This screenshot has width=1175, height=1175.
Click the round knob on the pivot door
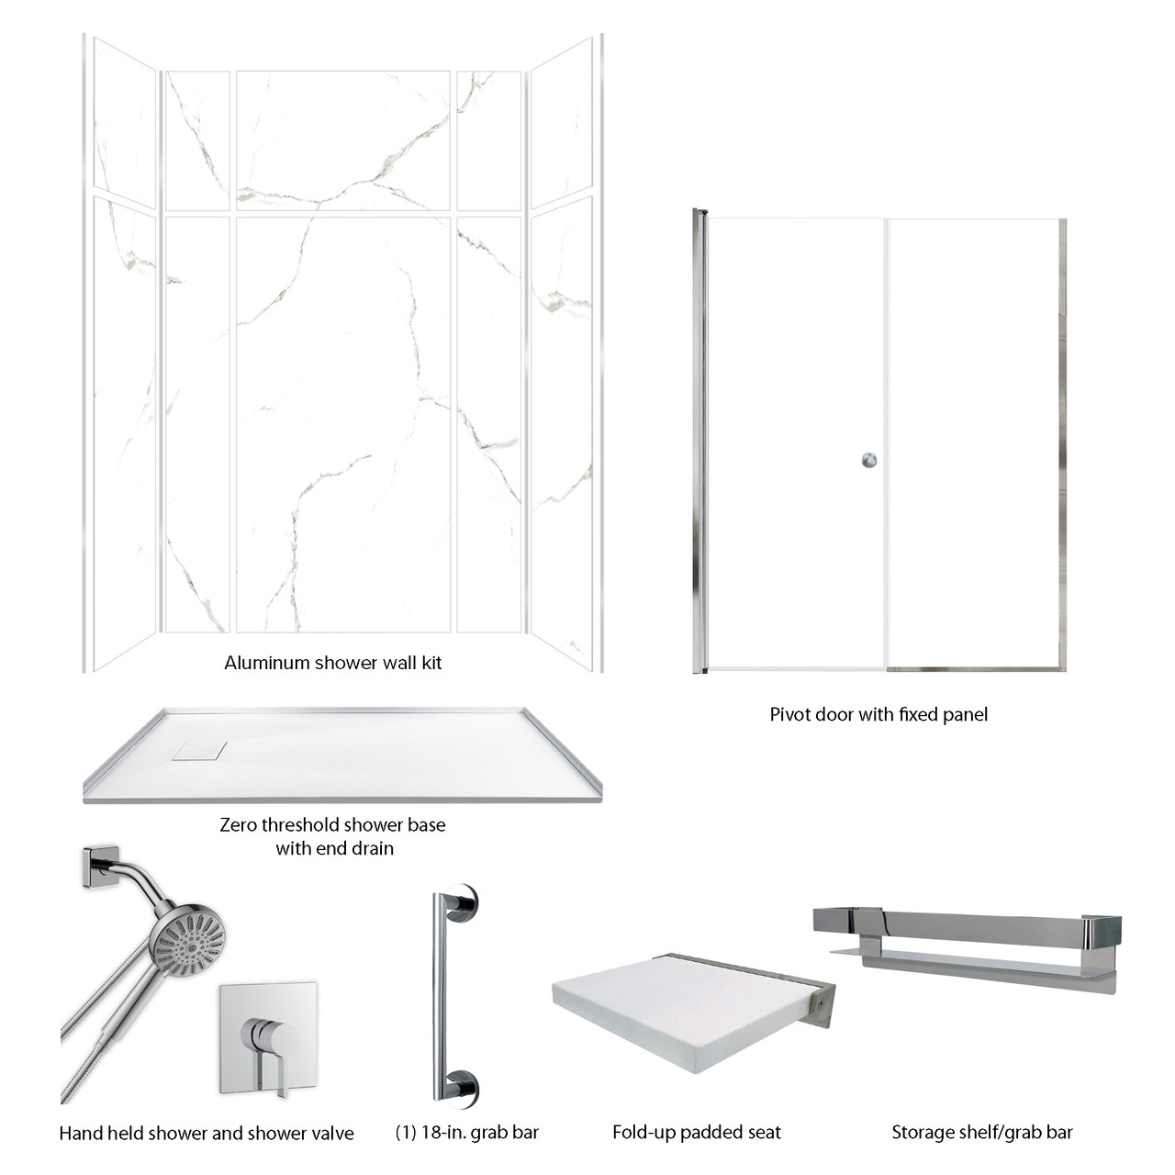pos(868,460)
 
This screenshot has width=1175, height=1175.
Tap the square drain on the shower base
pos(198,750)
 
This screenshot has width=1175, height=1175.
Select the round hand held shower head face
pos(189,939)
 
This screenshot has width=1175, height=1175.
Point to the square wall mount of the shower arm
pos(99,866)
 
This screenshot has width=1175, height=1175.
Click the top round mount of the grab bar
pos(461,903)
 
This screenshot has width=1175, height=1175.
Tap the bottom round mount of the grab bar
pos(461,1086)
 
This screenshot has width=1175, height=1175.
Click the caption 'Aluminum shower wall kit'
pos(332,663)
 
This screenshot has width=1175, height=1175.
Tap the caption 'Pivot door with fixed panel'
pos(878,714)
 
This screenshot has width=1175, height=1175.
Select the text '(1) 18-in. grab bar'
pos(467,1132)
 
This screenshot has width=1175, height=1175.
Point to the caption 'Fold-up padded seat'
pos(696,1132)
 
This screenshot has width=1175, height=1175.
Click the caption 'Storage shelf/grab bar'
pos(981,1132)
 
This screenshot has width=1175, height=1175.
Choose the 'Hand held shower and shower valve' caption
pos(206,1133)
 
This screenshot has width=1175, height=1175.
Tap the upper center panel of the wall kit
pos(342,140)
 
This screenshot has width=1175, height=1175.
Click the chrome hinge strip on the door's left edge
pos(700,441)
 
